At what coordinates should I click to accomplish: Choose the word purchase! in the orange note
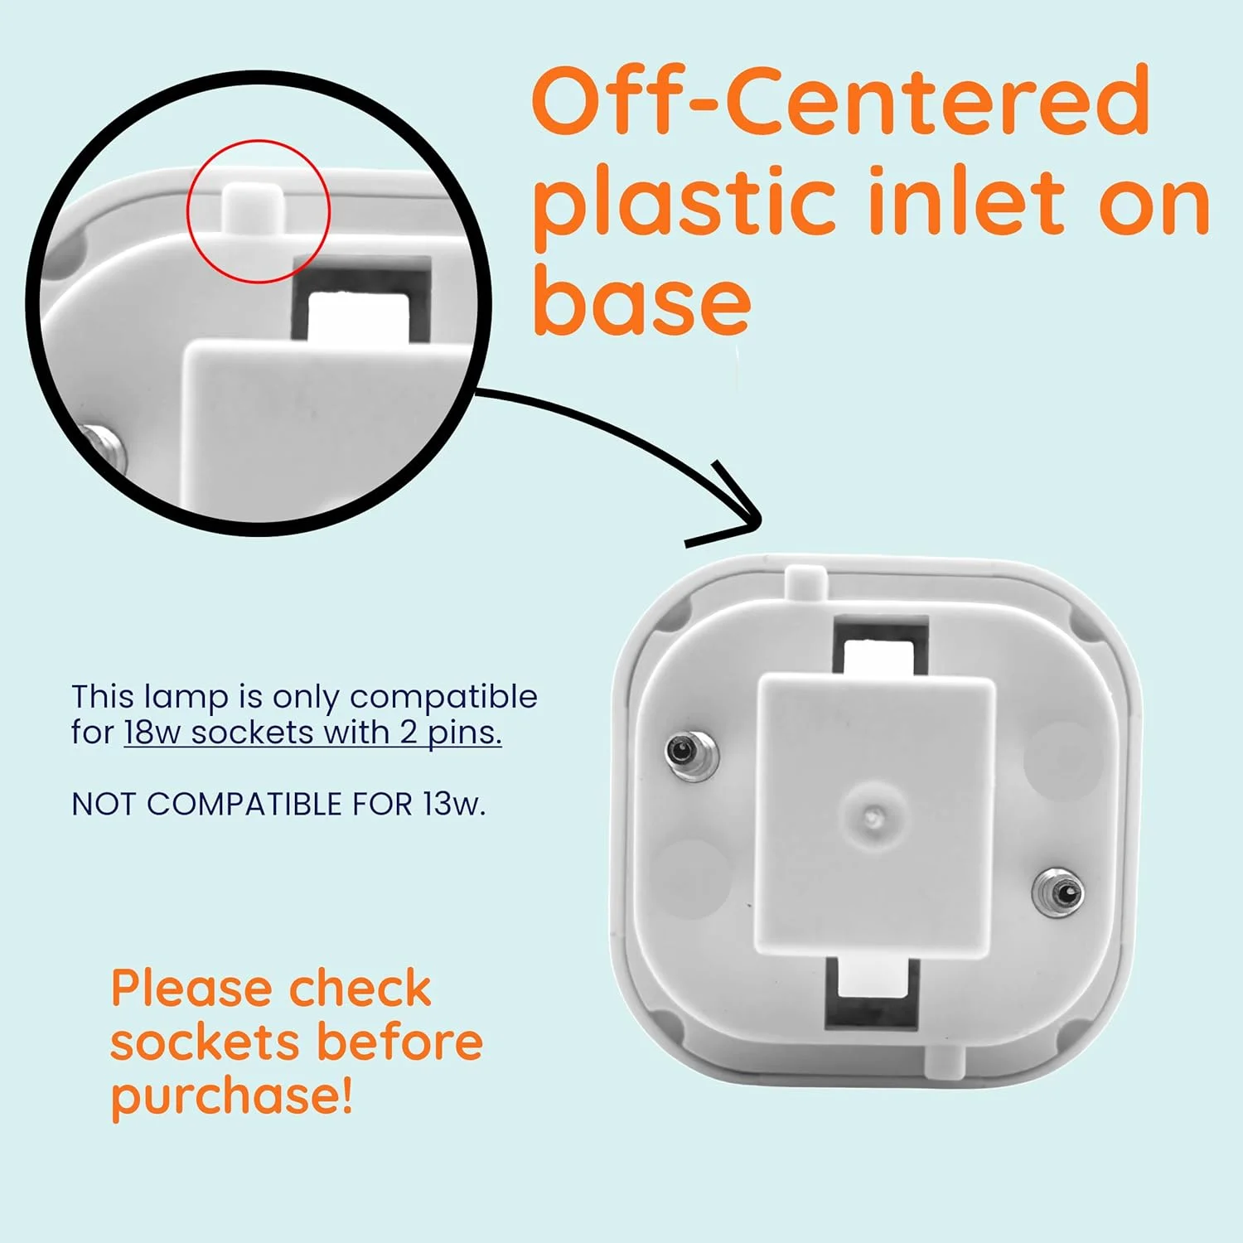pos(232,1097)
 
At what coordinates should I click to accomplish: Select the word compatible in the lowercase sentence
pos(443,698)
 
